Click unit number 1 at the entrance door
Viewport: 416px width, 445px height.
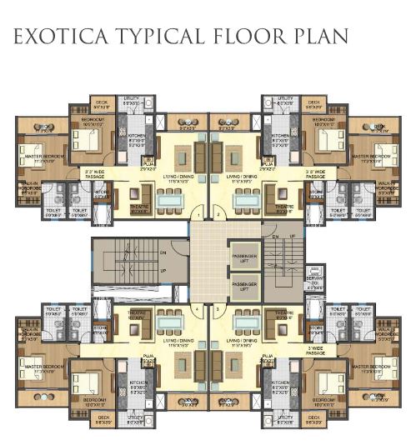click(197, 215)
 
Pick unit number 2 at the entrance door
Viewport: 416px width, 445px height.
click(218, 215)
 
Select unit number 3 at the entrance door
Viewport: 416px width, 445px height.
click(218, 309)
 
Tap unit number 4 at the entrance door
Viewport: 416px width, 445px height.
click(197, 309)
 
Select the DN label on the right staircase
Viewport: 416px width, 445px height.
click(276, 237)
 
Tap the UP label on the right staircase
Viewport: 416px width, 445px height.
click(291, 237)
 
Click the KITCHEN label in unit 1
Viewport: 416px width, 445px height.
click(138, 137)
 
